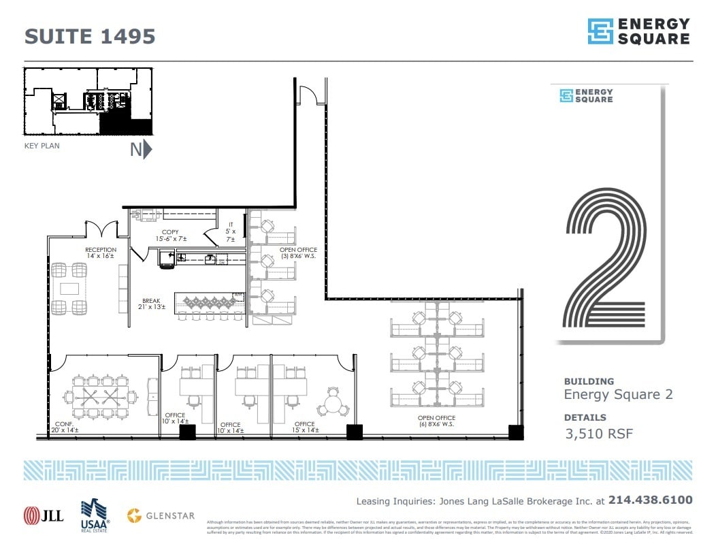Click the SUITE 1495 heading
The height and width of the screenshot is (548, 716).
[x=90, y=35]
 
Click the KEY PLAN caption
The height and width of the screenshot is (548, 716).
[x=42, y=146]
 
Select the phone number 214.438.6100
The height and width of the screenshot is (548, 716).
[x=651, y=500]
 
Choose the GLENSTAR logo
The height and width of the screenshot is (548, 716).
[x=161, y=515]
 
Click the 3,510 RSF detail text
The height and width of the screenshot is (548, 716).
[x=599, y=434]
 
